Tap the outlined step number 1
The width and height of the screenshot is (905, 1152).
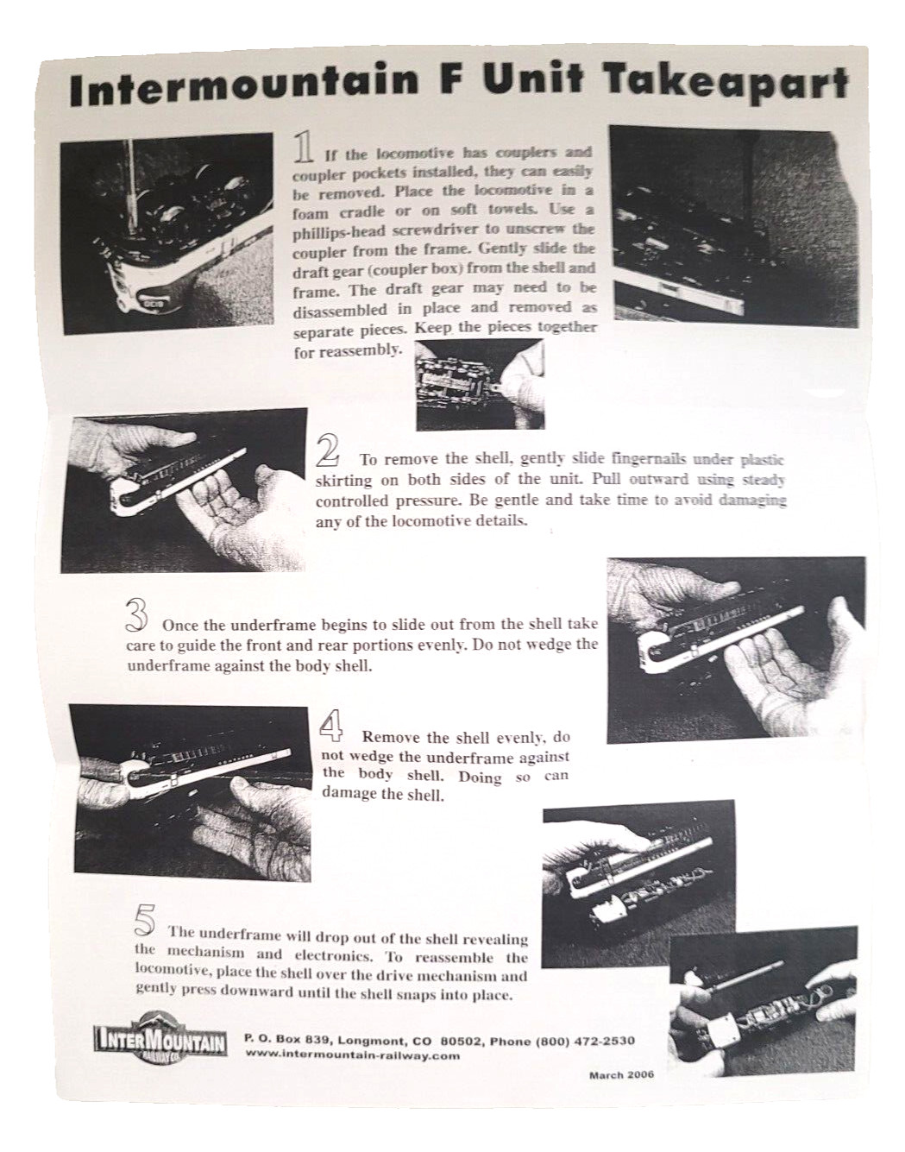(304, 147)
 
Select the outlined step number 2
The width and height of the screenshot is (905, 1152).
(329, 452)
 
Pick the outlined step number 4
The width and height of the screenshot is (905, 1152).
(331, 724)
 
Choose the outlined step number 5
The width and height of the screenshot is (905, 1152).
(145, 922)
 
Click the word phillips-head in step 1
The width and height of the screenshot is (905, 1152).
(331, 231)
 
